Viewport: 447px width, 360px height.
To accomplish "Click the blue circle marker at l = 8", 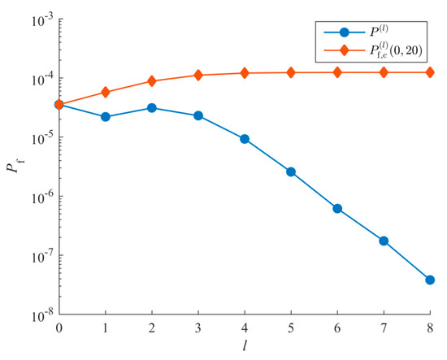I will tap(431, 280).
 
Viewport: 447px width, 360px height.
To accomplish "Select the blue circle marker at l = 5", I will tap(291, 171).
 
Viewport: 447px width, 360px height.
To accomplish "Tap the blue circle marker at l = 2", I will tap(152, 108).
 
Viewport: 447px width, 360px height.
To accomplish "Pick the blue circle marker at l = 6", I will tap(337, 208).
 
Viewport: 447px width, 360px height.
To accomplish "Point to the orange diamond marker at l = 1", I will tap(105, 92).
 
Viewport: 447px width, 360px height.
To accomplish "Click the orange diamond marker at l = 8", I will tap(431, 72).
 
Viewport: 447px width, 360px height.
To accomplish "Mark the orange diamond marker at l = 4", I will tap(245, 73).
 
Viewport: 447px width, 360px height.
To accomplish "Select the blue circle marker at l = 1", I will tap(105, 117).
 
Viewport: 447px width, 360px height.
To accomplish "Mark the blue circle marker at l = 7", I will tap(384, 241).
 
